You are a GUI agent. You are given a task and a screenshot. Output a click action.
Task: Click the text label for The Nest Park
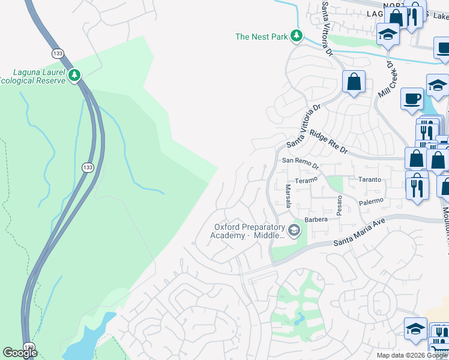[x=261, y=37]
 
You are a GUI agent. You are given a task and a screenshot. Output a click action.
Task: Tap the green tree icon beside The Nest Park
[x=296, y=37]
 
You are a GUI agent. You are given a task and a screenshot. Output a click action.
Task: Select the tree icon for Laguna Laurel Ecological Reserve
[x=74, y=75]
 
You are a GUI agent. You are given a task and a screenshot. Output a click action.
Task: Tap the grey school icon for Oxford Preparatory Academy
[x=294, y=230]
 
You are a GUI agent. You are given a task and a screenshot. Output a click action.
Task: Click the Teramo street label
[x=306, y=180]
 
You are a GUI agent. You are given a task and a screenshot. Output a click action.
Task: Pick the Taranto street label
[x=370, y=179]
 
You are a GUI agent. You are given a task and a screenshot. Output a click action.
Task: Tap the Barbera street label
[x=316, y=220]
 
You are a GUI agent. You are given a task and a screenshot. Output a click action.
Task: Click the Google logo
[x=20, y=353]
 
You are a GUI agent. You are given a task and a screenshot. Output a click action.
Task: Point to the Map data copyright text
[x=411, y=355]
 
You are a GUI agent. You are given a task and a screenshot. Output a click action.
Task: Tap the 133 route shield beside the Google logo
[x=29, y=346]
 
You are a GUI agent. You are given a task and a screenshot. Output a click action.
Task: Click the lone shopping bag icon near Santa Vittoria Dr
[x=354, y=82]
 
